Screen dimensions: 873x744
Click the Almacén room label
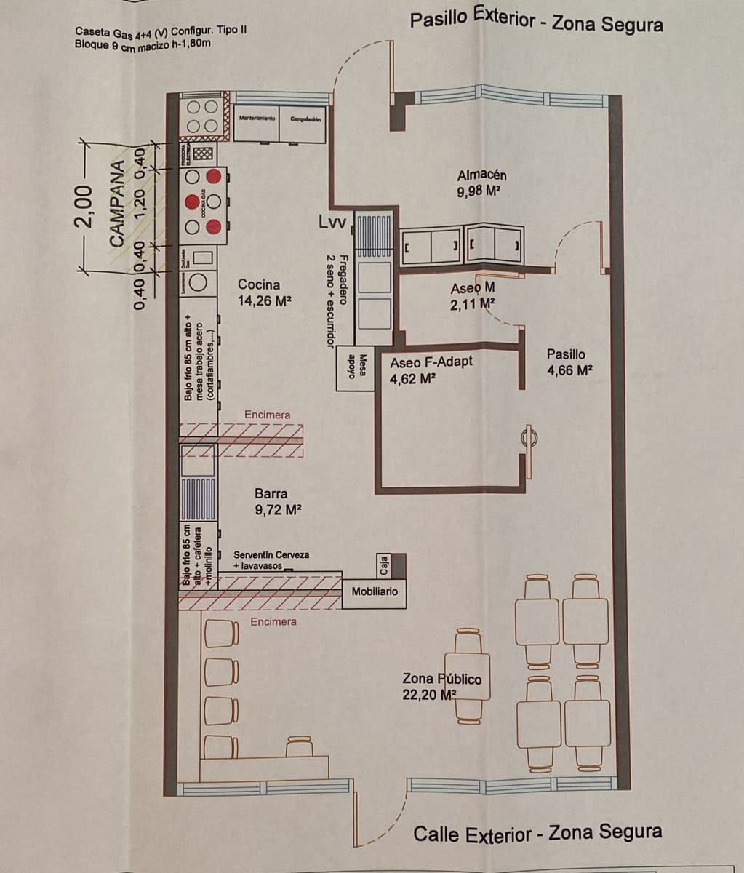point(481,175)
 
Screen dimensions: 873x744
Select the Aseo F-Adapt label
point(431,362)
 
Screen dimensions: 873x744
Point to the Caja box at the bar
point(383,565)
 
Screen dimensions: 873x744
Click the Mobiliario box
point(375,592)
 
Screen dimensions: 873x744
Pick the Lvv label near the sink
point(333,221)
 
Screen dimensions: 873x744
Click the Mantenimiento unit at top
point(256,119)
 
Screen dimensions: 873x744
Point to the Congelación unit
point(302,119)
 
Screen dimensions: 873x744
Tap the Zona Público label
point(441,679)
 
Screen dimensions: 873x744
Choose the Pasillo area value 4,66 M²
point(569,370)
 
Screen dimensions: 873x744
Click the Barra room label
point(271,494)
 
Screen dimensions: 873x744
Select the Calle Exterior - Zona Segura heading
point(537,833)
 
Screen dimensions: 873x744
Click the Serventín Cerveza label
point(271,554)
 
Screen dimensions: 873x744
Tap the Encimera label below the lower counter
point(273,622)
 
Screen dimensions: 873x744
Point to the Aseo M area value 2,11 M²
point(472,304)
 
